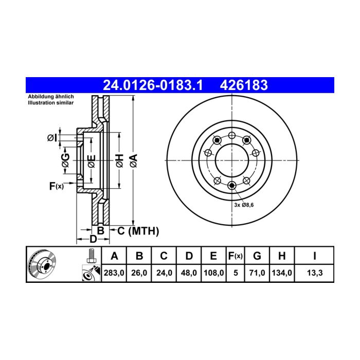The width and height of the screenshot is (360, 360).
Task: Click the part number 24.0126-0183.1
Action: click(153, 85)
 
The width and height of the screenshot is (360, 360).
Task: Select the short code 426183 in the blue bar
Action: click(244, 85)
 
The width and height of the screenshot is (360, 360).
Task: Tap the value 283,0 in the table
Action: click(114, 273)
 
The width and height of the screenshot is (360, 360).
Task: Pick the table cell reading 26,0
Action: click(139, 273)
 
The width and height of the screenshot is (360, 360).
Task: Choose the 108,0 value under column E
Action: click(213, 273)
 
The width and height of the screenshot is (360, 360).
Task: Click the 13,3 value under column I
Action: click(315, 273)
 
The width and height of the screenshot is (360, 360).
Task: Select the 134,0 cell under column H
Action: click(282, 273)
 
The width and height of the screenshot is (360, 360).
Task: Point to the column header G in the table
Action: click(257, 256)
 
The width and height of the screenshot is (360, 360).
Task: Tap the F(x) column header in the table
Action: click(236, 256)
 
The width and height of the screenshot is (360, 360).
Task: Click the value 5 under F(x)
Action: click(236, 273)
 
